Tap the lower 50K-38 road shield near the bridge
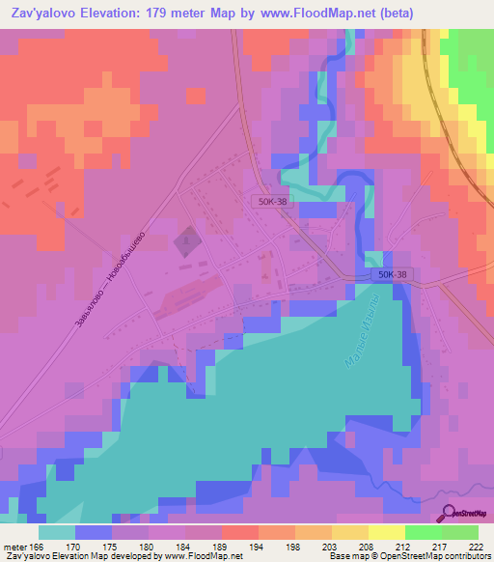pyautogui.click(x=390, y=276)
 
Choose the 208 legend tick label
pyautogui.click(x=365, y=546)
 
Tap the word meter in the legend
pyautogui.click(x=12, y=546)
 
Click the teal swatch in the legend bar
pyautogui.click(x=57, y=532)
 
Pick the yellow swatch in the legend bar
pyautogui.click(x=387, y=532)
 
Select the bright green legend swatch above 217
pyautogui.click(x=424, y=532)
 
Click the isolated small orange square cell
pyautogui.click(x=196, y=96)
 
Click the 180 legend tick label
pyautogui.click(x=145, y=546)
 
